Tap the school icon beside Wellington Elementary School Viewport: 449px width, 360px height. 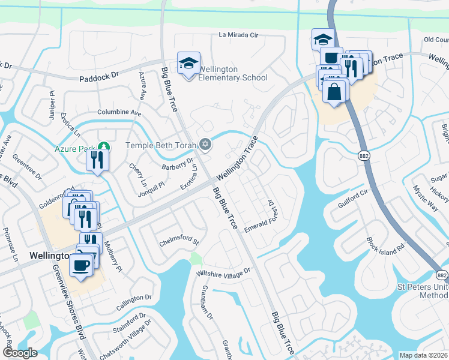(x=188, y=63)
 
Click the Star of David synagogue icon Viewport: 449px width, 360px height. (x=205, y=144)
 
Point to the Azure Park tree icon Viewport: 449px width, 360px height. (x=104, y=146)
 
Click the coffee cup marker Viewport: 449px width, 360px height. (x=81, y=265)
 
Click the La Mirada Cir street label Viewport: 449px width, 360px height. (x=238, y=35)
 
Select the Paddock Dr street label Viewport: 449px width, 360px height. (x=100, y=77)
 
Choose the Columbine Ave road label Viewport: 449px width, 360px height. (x=119, y=112)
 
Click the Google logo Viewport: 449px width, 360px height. (x=20, y=352)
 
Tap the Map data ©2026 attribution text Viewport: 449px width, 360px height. (x=423, y=355)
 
